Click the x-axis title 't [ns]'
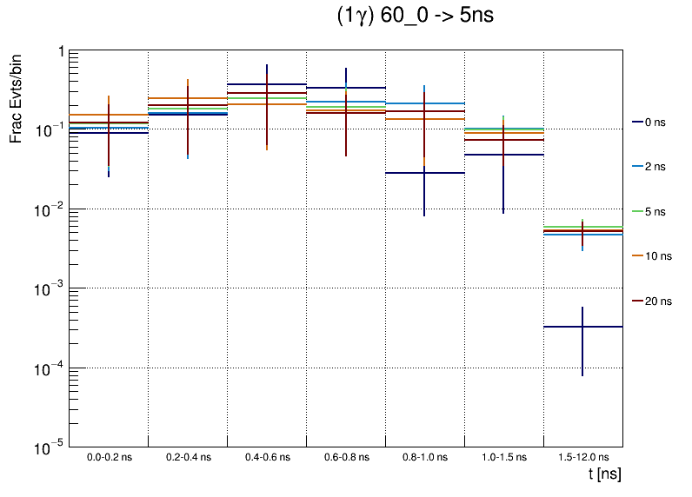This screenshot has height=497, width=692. (604, 474)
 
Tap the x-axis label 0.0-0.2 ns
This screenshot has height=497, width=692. (109, 456)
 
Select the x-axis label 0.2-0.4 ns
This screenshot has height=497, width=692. (188, 456)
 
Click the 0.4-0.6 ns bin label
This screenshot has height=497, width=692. (267, 456)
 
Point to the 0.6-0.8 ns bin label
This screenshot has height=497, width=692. (346, 456)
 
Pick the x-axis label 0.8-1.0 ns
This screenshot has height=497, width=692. (425, 456)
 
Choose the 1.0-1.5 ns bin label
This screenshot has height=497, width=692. (504, 456)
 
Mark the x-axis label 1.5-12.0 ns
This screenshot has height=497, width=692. (583, 456)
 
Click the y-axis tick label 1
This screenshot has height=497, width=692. (60, 51)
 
